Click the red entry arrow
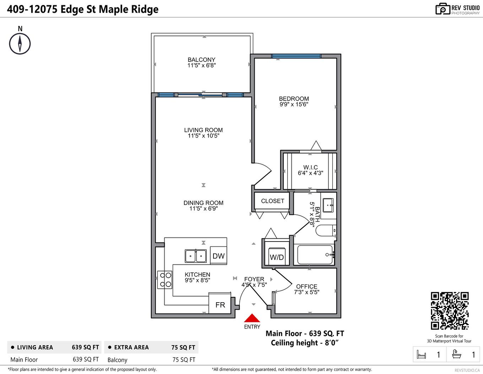pos(252,318)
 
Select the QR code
pos(450,311)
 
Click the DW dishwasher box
pos(218,256)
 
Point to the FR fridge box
pos(220,304)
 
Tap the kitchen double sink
pos(196,256)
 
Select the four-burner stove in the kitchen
pos(165,280)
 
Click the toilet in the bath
pos(325,231)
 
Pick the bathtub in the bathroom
pos(315,255)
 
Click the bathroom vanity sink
pos(328,205)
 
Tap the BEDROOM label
pos(294,99)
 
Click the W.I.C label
pos(310,167)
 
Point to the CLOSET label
pos(272,201)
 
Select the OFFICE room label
pos(306,286)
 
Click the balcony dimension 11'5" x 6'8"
pos(201,65)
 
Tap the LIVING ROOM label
pos(203,130)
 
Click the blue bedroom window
pos(296,56)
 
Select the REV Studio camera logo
pos(443,9)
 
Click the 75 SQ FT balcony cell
pos(184,359)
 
